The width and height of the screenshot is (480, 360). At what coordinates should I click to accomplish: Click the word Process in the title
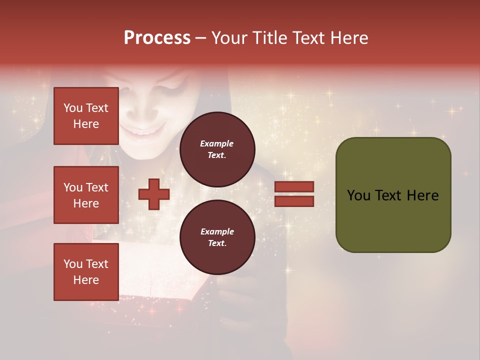(157, 38)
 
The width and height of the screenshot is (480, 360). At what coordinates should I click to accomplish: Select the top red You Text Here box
(86, 116)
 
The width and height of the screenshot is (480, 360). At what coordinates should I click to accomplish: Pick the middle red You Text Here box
(86, 195)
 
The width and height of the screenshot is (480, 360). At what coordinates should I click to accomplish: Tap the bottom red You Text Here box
(86, 271)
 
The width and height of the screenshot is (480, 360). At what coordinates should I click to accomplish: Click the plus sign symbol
(154, 194)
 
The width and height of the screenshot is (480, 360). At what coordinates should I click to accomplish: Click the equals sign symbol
(294, 194)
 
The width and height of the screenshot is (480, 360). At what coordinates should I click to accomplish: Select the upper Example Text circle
(217, 149)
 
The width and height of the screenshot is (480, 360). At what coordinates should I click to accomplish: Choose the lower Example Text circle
(217, 237)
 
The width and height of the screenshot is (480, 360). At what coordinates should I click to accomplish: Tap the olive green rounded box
(393, 195)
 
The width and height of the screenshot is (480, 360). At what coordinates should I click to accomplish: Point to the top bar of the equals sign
(294, 187)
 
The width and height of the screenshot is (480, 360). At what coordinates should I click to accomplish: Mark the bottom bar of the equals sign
(294, 201)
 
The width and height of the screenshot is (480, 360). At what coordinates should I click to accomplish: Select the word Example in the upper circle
(217, 143)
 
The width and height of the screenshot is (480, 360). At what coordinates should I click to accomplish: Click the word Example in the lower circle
(217, 231)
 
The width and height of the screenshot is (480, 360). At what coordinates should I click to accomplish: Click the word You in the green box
(358, 195)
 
